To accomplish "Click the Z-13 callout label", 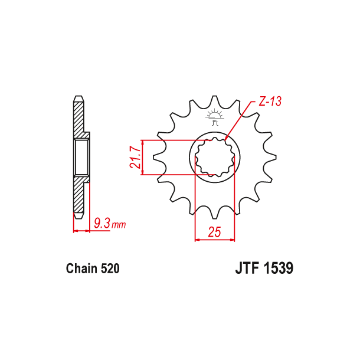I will coord(269,102).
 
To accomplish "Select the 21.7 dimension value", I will coord(135,157).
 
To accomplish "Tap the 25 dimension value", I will coord(214,232).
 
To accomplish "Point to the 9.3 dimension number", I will coord(102,224).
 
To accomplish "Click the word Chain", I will coord(81,269).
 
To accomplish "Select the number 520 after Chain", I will coord(110,269).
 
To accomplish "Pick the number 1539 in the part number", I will coord(278,269).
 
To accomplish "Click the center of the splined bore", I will coord(215,158).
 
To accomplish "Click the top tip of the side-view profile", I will coord(78,97).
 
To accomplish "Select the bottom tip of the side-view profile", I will coord(78,215).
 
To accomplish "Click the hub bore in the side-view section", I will coord(81,156).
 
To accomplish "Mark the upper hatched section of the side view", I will coord(79,118).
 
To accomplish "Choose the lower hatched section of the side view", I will coord(79,195).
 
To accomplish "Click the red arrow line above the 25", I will coord(215,240).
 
